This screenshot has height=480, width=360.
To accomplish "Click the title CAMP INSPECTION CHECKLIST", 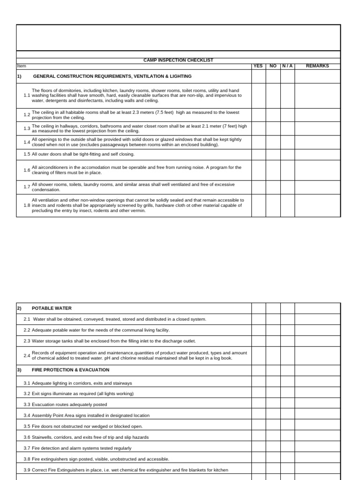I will [x=178, y=60].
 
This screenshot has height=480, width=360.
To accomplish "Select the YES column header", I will [x=258, y=66].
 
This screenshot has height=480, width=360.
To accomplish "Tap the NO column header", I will [x=273, y=66].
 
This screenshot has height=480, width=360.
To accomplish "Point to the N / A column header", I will [x=287, y=66].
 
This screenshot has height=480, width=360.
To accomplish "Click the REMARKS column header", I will [x=317, y=66].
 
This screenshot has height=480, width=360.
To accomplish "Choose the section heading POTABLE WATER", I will [x=52, y=308].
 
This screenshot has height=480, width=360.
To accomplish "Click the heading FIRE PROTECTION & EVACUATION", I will [x=70, y=370].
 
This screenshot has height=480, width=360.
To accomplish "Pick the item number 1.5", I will [x=27, y=154].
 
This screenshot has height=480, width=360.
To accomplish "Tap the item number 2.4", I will [x=27, y=355].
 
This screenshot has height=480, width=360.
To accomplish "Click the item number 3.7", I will [x=27, y=448].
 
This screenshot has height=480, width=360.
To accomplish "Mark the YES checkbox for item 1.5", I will [x=258, y=154].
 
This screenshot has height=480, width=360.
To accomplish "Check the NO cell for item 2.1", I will [x=273, y=319].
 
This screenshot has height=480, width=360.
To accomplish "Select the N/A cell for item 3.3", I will [x=287, y=405].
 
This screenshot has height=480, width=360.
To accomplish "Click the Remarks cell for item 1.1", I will [x=317, y=96].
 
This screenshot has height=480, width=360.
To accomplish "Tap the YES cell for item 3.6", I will [x=258, y=437].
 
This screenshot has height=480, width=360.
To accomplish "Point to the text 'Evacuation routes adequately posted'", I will [x=69, y=405].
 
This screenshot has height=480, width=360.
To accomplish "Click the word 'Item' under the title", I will [x=22, y=66].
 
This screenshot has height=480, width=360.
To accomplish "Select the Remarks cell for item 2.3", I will [x=317, y=341].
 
